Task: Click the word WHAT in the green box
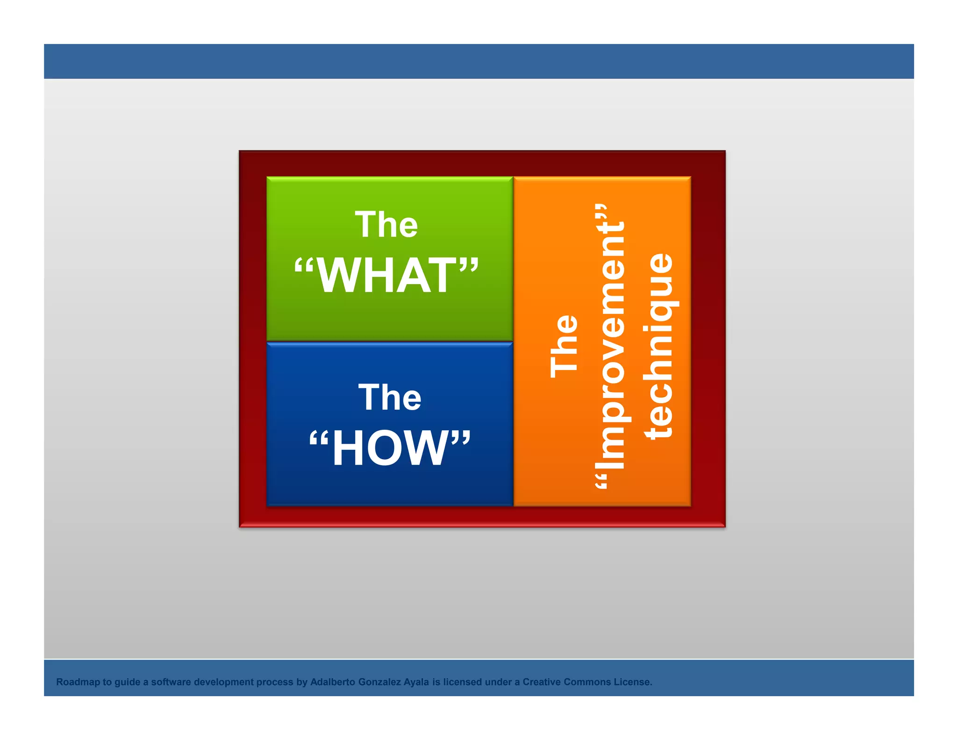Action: tap(386, 276)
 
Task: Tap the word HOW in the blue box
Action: tap(390, 449)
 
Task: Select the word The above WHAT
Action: tap(386, 225)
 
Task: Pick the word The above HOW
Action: tap(390, 398)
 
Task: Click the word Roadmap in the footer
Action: tap(78, 682)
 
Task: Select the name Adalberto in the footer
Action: tap(333, 682)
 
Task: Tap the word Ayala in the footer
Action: tap(416, 682)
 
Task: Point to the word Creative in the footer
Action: tap(542, 682)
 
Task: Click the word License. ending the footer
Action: tap(633, 682)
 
